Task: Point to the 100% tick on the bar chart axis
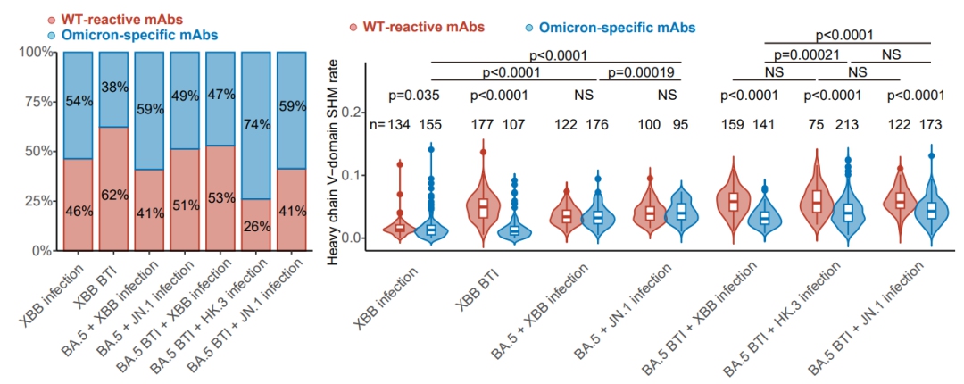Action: click(x=40, y=52)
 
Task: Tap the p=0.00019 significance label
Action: click(x=640, y=72)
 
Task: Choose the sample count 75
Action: click(x=815, y=125)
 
